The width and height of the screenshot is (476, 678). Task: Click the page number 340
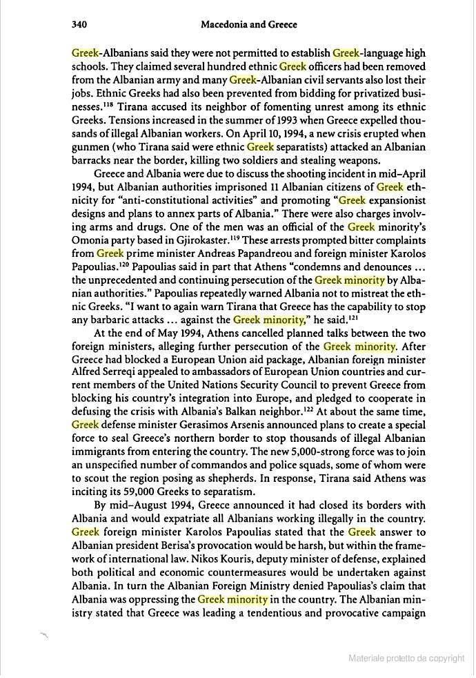pos(78,25)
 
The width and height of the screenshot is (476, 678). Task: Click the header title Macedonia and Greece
pos(248,25)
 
